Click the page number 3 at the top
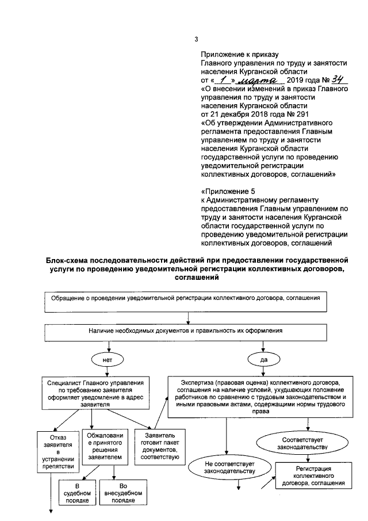(x=197, y=39)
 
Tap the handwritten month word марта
(x=256, y=81)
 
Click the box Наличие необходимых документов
(x=189, y=332)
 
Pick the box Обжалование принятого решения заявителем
(x=105, y=447)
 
